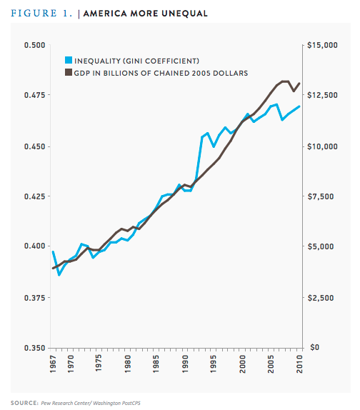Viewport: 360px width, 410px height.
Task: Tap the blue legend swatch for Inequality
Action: coord(69,61)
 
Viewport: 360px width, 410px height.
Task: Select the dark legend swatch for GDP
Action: coord(69,72)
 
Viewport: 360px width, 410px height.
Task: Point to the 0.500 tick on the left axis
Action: coord(33,45)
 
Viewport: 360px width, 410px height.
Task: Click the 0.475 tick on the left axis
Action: coord(33,95)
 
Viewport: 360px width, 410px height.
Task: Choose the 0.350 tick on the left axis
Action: coord(33,348)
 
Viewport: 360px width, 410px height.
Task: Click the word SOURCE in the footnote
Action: coord(24,402)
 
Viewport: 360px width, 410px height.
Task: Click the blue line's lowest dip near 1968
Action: coord(59,274)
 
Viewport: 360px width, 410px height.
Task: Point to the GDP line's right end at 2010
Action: coord(299,83)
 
